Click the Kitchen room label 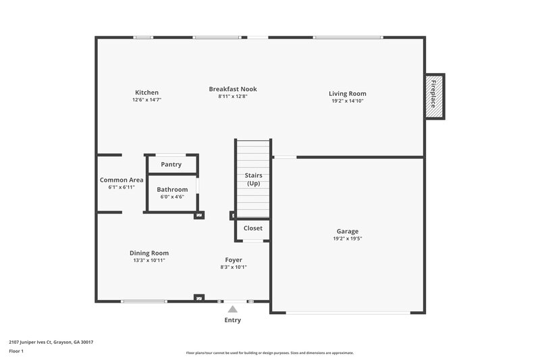[x=146, y=93]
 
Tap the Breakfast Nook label [x=232, y=88]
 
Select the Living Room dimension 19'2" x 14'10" [x=348, y=101]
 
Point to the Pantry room [x=171, y=164]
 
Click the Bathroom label [x=172, y=190]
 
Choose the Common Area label [x=122, y=180]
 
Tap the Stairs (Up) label [x=253, y=180]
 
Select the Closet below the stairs [x=253, y=228]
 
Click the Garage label [x=348, y=231]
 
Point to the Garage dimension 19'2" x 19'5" [x=348, y=238]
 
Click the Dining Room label [x=149, y=253]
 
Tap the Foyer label [x=234, y=259]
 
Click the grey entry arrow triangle [x=233, y=309]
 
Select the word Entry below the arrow [x=232, y=320]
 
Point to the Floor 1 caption [x=16, y=351]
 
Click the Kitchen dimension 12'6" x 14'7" [x=146, y=100]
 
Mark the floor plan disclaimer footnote [x=269, y=353]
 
